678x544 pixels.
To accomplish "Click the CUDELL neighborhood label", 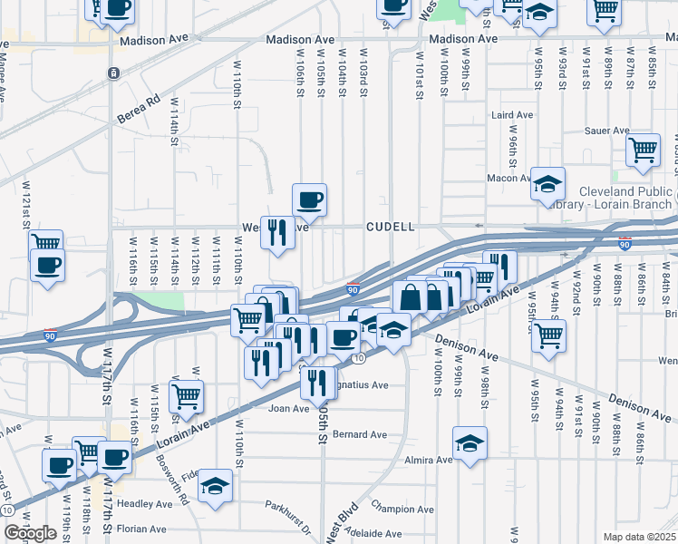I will click(x=391, y=227).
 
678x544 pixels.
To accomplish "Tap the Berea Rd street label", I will click(x=138, y=109).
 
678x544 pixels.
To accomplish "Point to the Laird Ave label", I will click(x=511, y=115).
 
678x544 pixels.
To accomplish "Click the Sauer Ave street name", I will click(x=607, y=131).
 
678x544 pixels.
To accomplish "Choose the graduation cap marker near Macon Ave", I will click(x=547, y=185).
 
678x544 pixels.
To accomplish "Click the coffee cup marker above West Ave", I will click(x=309, y=199).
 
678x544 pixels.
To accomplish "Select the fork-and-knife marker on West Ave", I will click(x=277, y=232).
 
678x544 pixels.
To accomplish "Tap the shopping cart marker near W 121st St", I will click(x=45, y=243).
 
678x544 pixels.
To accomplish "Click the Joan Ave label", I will click(x=288, y=409).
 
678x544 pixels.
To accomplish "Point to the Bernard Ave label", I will click(x=360, y=435).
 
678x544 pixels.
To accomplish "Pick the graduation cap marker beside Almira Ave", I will click(x=470, y=443).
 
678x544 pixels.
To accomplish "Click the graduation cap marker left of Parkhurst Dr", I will click(x=216, y=485).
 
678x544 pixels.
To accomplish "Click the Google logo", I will click(x=30, y=533).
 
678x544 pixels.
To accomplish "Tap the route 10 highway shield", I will click(x=359, y=359).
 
